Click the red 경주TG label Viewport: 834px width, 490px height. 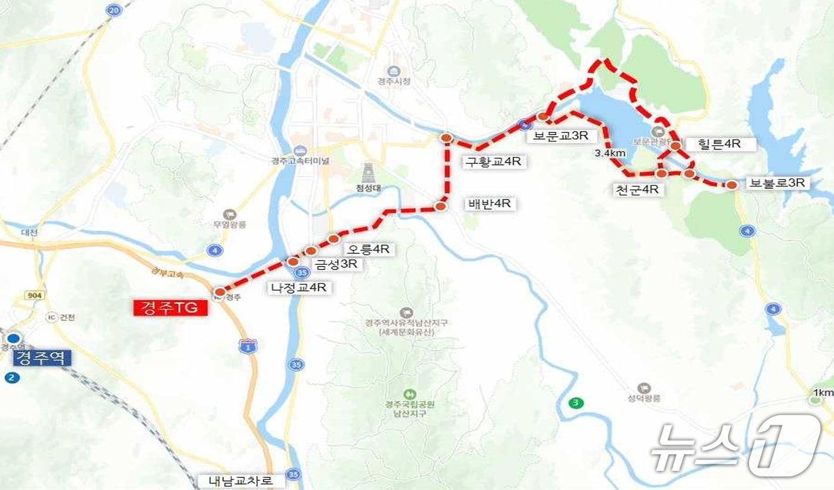[170, 308]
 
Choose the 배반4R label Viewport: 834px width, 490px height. [489, 204]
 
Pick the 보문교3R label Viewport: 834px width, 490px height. [560, 136]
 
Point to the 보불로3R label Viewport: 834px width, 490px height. [777, 183]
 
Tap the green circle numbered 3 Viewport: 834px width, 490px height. [575, 403]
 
